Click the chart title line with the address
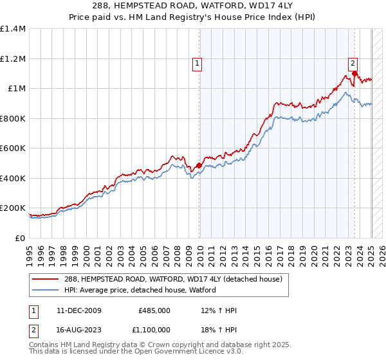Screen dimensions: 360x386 (193, 7)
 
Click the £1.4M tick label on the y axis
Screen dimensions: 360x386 (13, 29)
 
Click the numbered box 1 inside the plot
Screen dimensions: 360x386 (196, 63)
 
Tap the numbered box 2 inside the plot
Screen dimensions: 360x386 (353, 63)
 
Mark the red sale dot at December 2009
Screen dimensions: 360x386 (199, 165)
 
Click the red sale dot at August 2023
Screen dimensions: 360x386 (354, 74)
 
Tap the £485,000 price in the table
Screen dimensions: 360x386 (154, 310)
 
